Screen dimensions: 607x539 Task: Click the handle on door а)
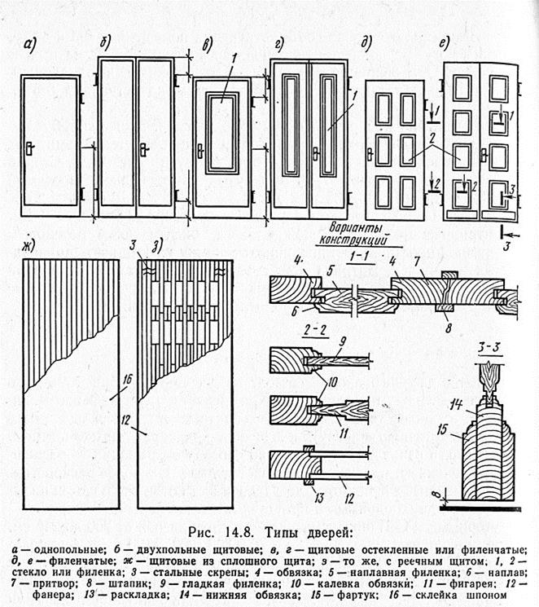[28, 149]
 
